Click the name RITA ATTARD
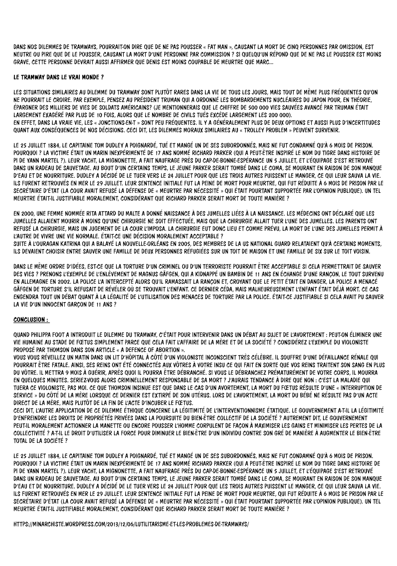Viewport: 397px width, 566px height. (98, 213)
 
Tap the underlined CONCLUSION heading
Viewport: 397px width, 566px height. (31, 320)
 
